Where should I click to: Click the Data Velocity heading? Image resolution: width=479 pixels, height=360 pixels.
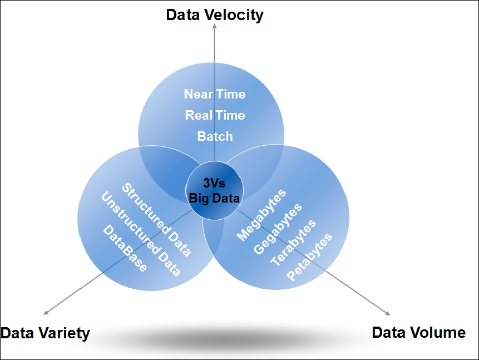(x=215, y=15)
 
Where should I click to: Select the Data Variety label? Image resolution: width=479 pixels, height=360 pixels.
(x=45, y=333)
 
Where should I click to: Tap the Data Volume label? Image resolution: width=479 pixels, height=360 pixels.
(x=418, y=333)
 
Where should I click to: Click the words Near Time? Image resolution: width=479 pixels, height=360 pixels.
(x=215, y=94)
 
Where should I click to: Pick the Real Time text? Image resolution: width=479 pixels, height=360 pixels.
(x=215, y=115)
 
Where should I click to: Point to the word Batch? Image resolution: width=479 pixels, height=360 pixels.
(x=215, y=136)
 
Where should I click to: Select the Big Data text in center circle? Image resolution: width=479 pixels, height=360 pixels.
(x=215, y=198)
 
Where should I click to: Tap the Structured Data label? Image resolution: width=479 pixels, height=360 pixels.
(x=156, y=220)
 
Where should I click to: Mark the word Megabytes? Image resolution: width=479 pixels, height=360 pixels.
(x=261, y=215)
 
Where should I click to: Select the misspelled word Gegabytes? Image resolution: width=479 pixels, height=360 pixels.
(x=278, y=229)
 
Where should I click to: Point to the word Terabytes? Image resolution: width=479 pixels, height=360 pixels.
(x=293, y=243)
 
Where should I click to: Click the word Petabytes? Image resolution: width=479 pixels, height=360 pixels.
(x=309, y=257)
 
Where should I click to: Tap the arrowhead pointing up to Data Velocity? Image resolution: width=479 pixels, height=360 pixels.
(x=215, y=28)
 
